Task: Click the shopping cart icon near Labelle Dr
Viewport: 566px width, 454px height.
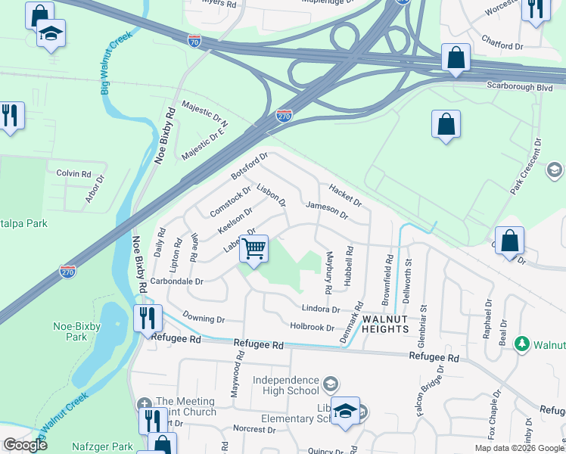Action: [x=254, y=248]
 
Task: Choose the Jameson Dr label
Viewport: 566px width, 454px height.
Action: [x=326, y=210]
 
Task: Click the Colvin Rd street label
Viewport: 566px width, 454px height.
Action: [x=73, y=173]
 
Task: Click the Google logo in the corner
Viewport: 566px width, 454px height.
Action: [x=25, y=445]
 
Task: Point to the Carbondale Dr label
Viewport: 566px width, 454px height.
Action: [x=177, y=281]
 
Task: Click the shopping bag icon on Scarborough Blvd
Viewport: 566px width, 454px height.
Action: [x=456, y=58]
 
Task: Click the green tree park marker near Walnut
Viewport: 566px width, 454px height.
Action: [x=521, y=344]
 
